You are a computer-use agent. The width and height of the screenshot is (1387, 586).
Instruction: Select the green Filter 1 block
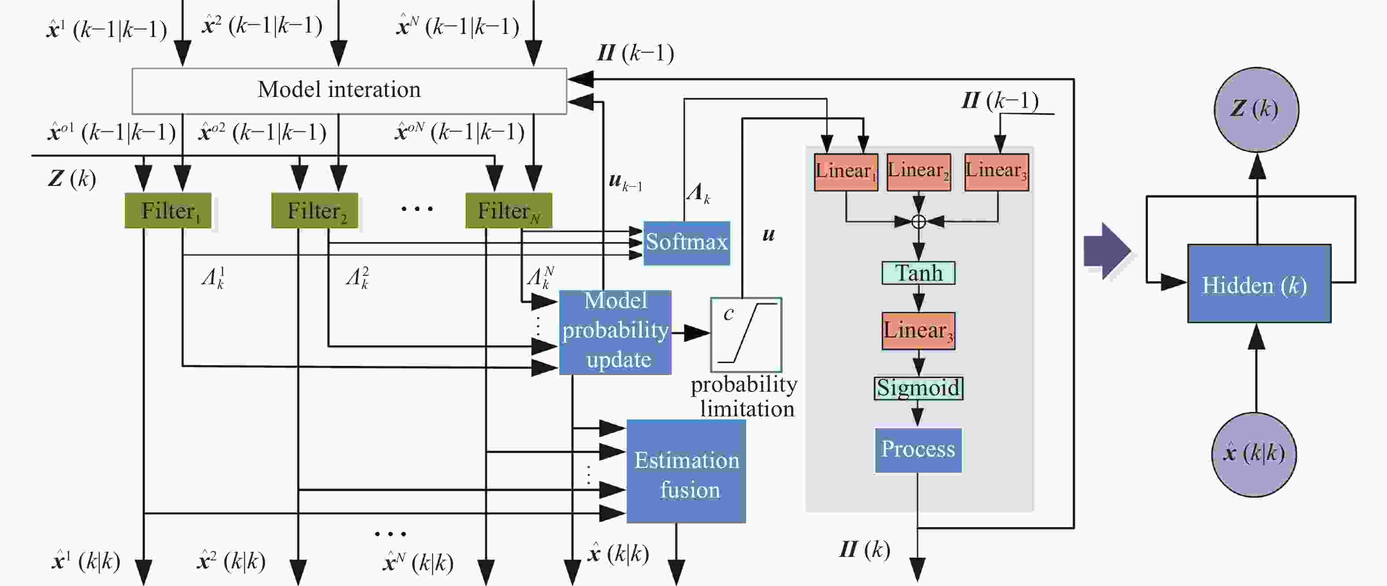(x=168, y=211)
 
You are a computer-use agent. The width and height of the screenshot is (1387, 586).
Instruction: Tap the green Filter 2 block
(x=314, y=211)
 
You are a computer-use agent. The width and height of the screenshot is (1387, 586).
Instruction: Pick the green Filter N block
(x=508, y=211)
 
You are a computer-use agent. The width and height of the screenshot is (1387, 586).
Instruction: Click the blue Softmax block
(x=686, y=243)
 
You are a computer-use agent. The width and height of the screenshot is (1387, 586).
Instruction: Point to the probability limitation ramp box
(x=746, y=334)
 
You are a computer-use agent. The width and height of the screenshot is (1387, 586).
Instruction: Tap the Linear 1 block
(x=845, y=172)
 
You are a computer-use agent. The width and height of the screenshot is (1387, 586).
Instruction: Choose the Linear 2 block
(x=918, y=172)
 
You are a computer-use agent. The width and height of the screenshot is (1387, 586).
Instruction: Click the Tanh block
(x=918, y=273)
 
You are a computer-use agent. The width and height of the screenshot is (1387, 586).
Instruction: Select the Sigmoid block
(x=918, y=388)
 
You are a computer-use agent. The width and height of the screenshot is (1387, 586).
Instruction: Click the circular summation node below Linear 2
(x=919, y=221)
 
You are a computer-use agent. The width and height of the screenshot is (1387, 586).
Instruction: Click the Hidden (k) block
(x=1259, y=284)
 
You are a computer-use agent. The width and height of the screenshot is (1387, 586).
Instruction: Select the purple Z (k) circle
(x=1256, y=109)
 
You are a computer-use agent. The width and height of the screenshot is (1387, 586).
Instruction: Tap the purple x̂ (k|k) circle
(x=1254, y=454)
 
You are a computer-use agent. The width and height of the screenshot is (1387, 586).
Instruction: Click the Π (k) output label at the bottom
(x=864, y=550)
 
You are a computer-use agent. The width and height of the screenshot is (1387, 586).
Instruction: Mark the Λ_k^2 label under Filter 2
(x=358, y=278)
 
